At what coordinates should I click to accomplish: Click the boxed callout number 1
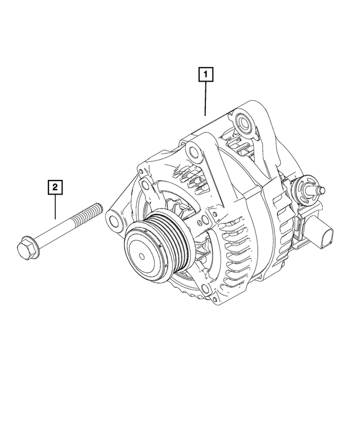tap(205, 74)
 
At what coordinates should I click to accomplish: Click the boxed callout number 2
tap(55, 186)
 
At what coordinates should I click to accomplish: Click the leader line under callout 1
tap(205, 98)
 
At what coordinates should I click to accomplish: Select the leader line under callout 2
tap(55, 206)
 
